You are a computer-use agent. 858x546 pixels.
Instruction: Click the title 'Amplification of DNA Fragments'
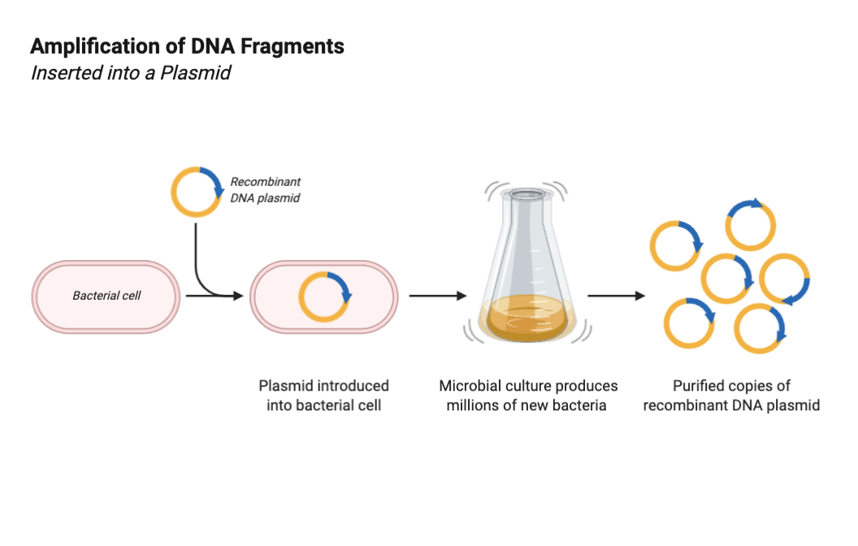[x=187, y=46]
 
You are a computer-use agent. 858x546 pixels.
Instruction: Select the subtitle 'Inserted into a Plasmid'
[x=131, y=72]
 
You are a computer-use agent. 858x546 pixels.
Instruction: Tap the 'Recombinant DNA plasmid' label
[x=265, y=189]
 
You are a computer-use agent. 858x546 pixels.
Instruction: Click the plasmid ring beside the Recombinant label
[x=196, y=192]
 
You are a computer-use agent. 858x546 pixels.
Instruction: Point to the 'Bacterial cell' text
[x=106, y=296]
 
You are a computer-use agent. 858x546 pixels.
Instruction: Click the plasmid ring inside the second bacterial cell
[x=324, y=297]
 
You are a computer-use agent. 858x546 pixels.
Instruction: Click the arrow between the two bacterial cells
[x=214, y=297]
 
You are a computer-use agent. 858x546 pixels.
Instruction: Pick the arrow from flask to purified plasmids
[x=617, y=296]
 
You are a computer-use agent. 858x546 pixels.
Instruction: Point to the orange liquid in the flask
[x=526, y=318]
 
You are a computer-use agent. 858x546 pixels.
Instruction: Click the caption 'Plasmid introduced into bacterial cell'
[x=323, y=395]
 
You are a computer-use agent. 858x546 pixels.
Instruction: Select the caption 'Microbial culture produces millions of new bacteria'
[x=528, y=395]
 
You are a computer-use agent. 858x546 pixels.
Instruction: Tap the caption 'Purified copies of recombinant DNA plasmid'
[x=731, y=395]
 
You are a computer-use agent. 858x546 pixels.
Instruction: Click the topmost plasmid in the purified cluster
[x=751, y=225]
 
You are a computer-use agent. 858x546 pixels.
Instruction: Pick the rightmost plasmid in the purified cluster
[x=785, y=279]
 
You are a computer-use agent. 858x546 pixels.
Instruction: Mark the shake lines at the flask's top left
[x=492, y=191]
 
